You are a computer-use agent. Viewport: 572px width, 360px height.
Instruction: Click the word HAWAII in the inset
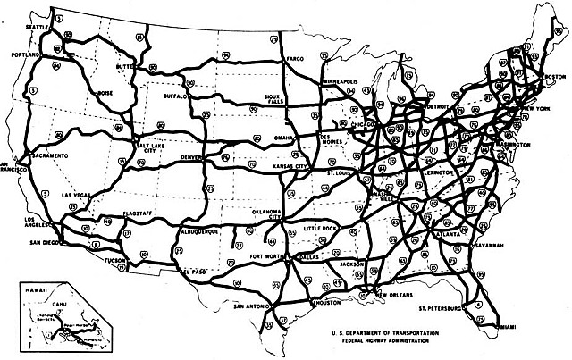[35, 289]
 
